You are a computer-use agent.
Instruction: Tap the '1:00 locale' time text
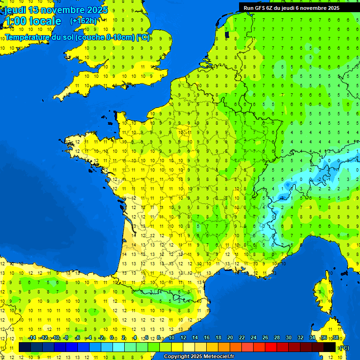[33, 21]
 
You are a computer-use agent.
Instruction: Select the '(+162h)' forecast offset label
[83, 21]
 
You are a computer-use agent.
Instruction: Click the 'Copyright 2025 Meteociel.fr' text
[199, 357]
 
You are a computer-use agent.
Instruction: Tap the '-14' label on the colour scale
[32, 338]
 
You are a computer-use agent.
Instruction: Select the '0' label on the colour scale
[111, 338]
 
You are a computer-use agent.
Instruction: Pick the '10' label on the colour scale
[171, 338]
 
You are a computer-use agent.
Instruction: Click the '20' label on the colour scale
[230, 338]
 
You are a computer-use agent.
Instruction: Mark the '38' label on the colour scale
[335, 338]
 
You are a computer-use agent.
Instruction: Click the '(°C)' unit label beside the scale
[344, 348]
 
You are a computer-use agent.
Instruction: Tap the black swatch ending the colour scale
[330, 347]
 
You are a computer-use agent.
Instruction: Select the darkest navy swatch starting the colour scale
[25, 347]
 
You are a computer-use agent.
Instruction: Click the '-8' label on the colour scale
[66, 338]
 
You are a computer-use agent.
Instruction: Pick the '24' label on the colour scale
[253, 338]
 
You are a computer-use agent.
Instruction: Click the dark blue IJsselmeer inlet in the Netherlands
[227, 34]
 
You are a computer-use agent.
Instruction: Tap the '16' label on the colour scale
[206, 338]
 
